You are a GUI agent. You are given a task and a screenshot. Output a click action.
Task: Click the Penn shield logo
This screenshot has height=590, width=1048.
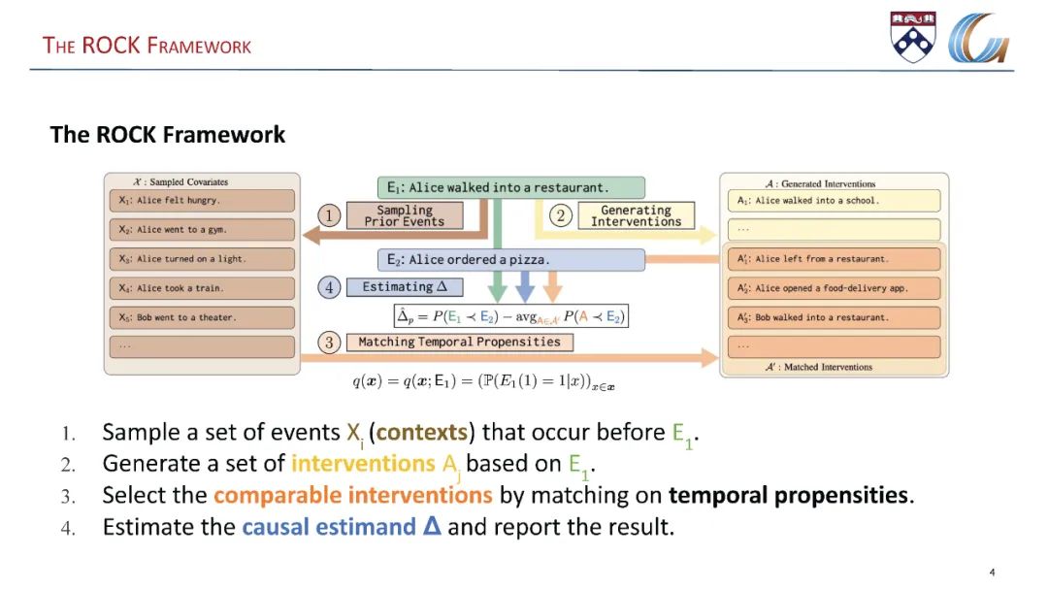tap(913, 37)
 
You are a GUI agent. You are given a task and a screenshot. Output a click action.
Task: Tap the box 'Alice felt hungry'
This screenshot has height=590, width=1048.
tap(201, 201)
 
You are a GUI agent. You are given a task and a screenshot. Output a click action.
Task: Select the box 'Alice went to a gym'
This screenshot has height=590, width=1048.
tap(201, 230)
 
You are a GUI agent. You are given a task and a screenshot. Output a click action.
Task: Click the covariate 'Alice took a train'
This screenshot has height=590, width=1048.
tap(201, 288)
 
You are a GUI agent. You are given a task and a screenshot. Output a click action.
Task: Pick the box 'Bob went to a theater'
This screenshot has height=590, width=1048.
tap(201, 317)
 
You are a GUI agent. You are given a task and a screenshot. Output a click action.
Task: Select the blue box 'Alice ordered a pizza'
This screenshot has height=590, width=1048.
tap(510, 260)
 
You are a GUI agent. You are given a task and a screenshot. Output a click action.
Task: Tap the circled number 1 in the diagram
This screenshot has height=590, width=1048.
tap(330, 216)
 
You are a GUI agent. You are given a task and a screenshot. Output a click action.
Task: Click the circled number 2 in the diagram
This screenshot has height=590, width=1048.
tap(561, 215)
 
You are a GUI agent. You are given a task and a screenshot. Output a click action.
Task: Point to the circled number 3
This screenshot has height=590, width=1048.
tap(330, 343)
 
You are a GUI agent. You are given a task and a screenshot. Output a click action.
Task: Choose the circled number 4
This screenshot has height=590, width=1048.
tap(330, 287)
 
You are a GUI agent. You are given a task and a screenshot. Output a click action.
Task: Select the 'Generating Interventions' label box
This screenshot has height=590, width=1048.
tap(636, 215)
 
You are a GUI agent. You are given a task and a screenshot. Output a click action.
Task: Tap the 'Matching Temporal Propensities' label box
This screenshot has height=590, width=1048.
tap(459, 343)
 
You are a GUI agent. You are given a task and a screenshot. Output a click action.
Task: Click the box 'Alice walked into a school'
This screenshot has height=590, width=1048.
tap(833, 201)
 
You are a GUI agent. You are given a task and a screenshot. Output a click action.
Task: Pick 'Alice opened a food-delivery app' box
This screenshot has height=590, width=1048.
tap(833, 288)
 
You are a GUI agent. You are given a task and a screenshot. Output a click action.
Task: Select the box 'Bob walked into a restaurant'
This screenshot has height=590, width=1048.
tap(833, 317)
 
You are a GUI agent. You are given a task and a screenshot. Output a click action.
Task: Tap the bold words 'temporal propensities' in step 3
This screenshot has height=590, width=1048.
tap(788, 496)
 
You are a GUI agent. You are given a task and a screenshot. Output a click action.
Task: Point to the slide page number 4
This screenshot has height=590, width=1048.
tap(992, 572)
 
